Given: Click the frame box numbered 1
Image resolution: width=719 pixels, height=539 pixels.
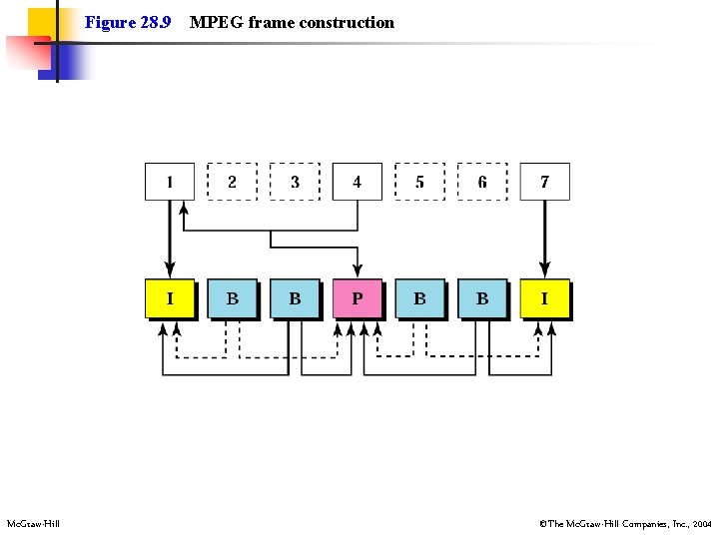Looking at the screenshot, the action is click(170, 182).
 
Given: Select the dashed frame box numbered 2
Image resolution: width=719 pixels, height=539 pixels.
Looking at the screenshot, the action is click(232, 182).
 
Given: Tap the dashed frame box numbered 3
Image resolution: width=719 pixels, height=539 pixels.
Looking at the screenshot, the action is click(295, 182).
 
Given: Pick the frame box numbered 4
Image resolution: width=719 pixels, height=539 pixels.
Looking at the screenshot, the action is click(357, 182).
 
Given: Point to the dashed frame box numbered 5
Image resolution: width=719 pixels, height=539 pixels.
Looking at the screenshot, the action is click(419, 182).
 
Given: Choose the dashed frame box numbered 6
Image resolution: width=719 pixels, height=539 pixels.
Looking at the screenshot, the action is click(482, 182).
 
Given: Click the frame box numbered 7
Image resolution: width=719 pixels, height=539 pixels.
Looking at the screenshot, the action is click(544, 182).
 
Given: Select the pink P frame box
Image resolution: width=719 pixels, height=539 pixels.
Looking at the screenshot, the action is click(357, 298).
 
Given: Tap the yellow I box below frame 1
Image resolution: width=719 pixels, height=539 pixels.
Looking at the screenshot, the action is click(170, 298).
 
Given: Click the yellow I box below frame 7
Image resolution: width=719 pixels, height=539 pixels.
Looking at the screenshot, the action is click(544, 298).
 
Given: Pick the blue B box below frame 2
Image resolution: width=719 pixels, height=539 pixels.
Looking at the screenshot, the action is click(232, 298).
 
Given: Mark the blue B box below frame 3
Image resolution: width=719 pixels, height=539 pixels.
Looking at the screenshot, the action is click(295, 298).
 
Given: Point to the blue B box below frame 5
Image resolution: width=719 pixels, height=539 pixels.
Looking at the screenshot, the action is click(419, 298).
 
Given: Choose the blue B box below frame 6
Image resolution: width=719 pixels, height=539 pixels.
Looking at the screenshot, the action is click(482, 298).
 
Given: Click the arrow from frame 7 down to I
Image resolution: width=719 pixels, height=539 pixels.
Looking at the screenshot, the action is click(544, 240).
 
